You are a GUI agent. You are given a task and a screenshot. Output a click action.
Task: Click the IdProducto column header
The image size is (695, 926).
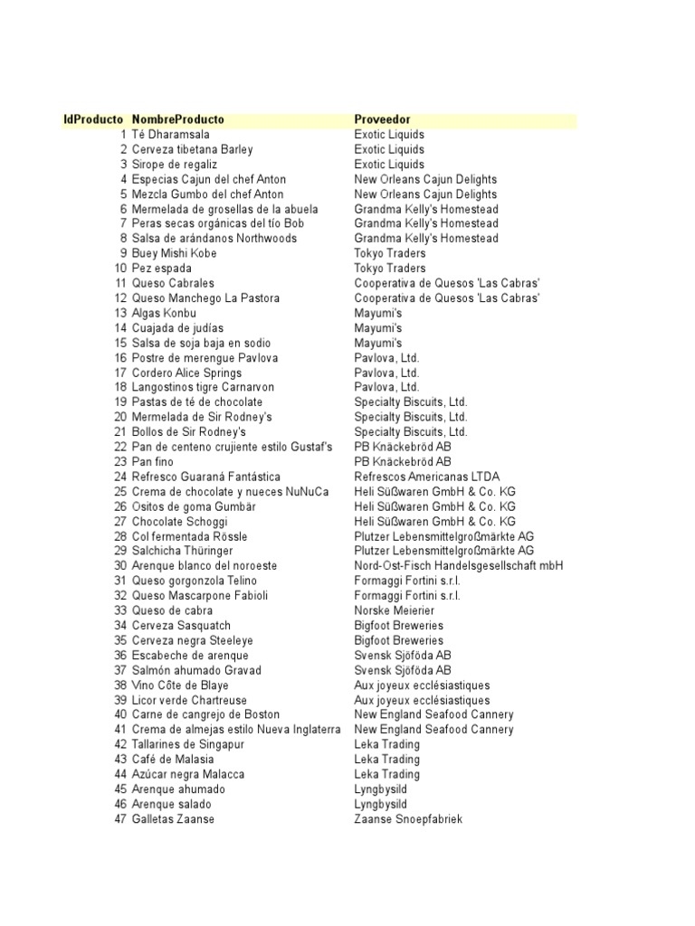[92, 119]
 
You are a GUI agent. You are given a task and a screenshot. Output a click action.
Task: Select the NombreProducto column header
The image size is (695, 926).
[178, 119]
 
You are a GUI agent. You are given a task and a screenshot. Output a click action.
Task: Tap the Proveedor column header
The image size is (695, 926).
[382, 119]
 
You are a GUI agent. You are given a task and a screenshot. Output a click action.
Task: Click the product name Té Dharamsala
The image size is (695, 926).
[170, 135]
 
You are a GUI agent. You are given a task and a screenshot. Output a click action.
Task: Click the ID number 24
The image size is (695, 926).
[120, 477]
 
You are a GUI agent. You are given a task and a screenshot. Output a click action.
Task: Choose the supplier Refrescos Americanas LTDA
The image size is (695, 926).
[426, 477]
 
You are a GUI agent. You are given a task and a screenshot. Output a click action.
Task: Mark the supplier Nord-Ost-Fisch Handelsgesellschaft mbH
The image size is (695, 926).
[458, 566]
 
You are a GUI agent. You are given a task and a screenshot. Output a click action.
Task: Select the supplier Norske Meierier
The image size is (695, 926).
[394, 610]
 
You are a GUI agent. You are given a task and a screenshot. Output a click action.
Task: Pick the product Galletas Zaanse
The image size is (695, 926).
[173, 819]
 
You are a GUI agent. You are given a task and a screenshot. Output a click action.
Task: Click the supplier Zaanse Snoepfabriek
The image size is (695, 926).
[408, 819]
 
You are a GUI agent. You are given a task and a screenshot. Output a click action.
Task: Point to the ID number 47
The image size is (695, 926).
[120, 819]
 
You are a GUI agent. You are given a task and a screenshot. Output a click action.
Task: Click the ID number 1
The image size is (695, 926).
[123, 135]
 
